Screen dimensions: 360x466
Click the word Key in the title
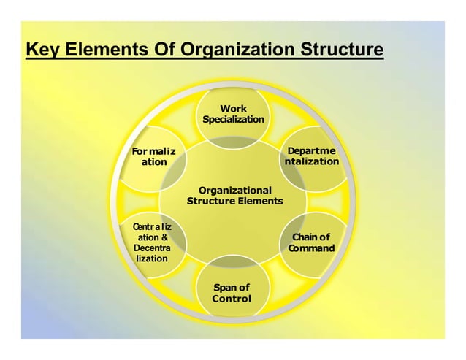tap(41, 51)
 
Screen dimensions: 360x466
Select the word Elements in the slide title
tap(104, 51)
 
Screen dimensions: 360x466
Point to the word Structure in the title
tap(336, 51)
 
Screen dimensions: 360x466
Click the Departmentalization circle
tap(310, 156)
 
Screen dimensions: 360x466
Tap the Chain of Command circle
tap(311, 242)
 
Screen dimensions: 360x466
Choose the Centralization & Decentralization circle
tap(153, 242)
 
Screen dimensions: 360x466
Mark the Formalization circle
tap(153, 156)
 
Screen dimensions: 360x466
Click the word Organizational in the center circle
tap(234, 190)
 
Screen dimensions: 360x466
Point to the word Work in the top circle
tap(233, 109)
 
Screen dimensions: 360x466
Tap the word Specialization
tap(233, 120)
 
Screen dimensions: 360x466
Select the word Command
tap(311, 248)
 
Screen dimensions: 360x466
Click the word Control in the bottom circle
tap(232, 299)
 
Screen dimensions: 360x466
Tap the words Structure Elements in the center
tap(234, 201)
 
